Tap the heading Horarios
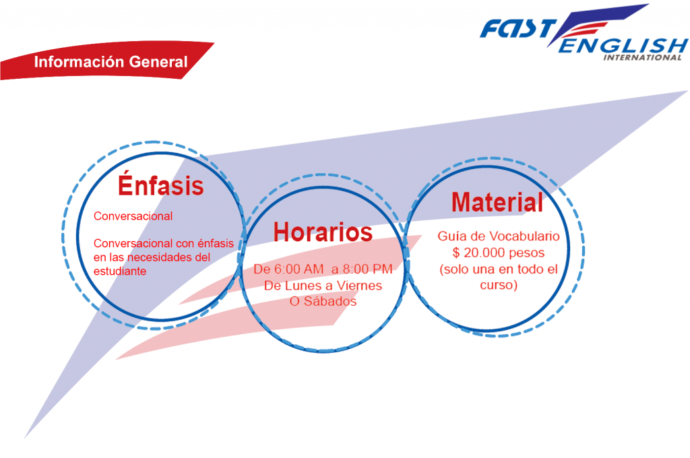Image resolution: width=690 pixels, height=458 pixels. pos(323,232)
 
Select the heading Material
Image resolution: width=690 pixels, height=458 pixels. pos(497,202)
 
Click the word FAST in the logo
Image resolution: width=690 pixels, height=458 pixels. pos(518,29)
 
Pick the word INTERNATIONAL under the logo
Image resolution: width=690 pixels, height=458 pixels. pos(642,58)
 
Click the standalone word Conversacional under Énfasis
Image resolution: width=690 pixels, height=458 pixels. pos(133,216)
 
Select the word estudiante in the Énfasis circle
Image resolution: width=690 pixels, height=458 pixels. pos(120,271)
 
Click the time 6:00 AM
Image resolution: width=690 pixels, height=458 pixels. pos(299,269)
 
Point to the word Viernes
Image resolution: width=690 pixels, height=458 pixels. pos(357,286)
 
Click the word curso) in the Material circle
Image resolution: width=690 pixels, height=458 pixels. pos(499,285)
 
